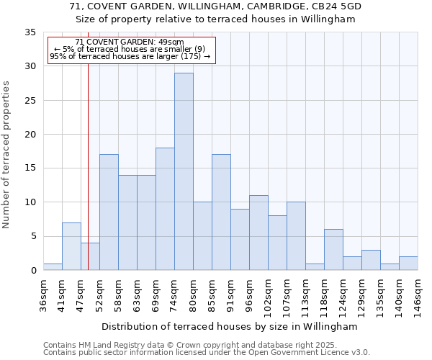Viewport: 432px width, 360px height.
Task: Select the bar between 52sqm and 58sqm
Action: pyautogui.click(x=109, y=212)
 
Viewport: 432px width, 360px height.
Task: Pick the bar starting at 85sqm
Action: pyautogui.click(x=221, y=212)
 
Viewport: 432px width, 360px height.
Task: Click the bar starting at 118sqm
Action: pyautogui.click(x=333, y=250)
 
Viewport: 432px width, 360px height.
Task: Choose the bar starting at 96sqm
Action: pyautogui.click(x=258, y=233)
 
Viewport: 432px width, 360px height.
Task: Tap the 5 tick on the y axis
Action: pyautogui.click(x=33, y=237)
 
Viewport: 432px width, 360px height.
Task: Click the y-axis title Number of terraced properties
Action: pyautogui.click(x=6, y=155)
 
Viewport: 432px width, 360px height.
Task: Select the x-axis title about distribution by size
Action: pyautogui.click(x=230, y=326)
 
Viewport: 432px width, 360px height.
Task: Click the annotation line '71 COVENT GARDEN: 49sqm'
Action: pyautogui.click(x=130, y=42)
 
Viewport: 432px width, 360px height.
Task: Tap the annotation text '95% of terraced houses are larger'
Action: pyautogui.click(x=130, y=56)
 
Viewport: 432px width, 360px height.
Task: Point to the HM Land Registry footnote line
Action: pyautogui.click(x=206, y=345)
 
